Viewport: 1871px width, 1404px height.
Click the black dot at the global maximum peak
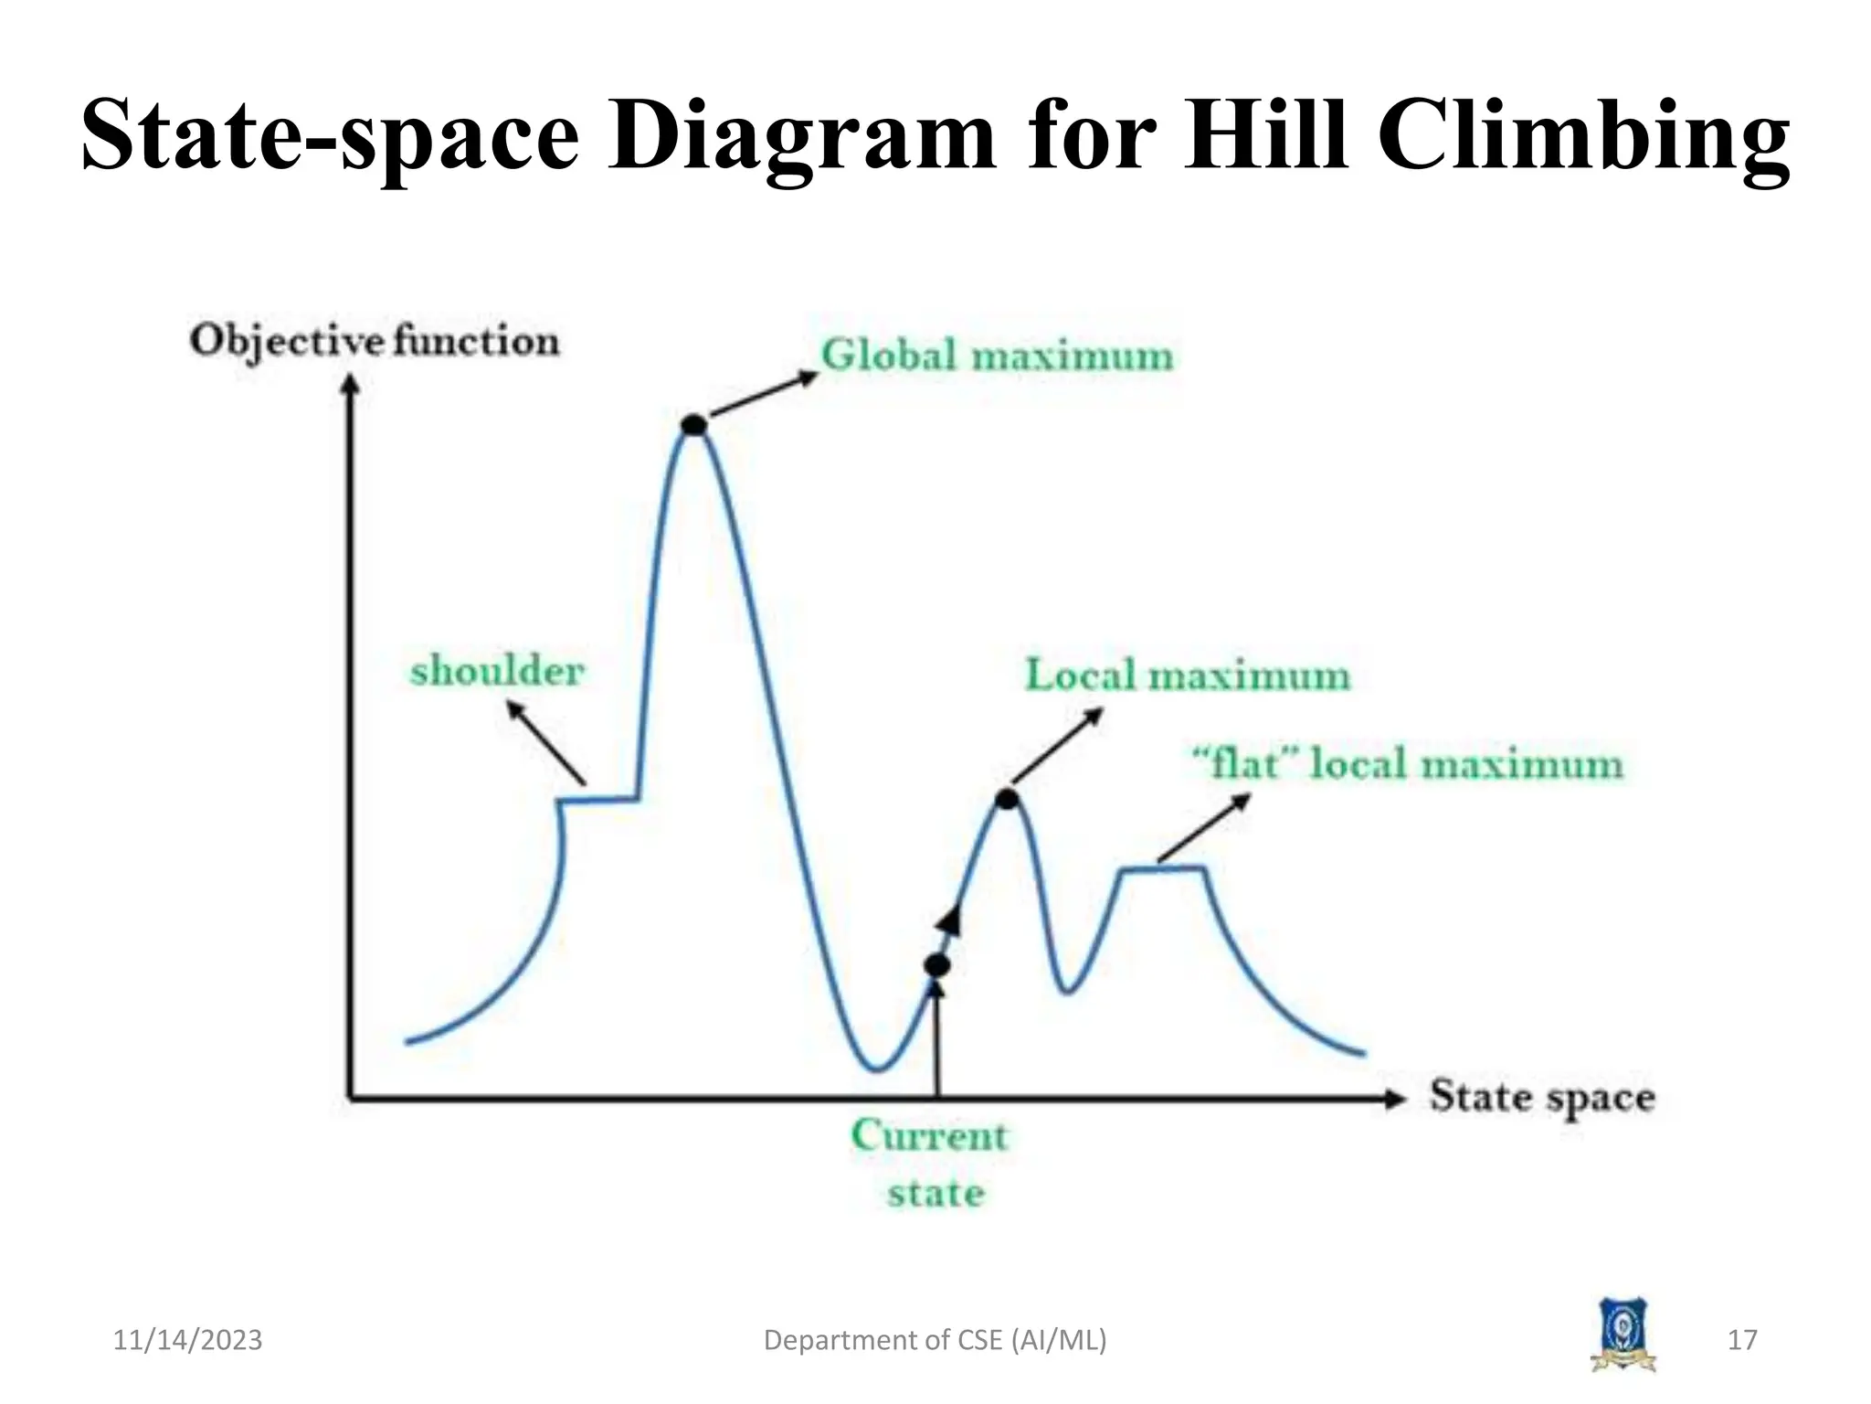click(694, 424)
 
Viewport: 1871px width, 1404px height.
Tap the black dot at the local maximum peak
click(1007, 800)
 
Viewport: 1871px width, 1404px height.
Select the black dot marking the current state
click(937, 965)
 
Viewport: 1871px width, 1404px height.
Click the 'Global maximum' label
click(997, 356)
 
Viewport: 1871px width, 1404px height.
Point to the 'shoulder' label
click(497, 672)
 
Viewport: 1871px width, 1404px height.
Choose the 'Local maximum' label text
click(1187, 675)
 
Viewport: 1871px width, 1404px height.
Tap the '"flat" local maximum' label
click(1407, 763)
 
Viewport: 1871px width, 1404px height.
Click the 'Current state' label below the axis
click(931, 1164)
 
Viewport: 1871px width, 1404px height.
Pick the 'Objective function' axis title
click(375, 342)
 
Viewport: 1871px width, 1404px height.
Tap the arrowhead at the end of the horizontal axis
click(1394, 1099)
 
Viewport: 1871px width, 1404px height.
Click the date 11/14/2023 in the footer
click(187, 1340)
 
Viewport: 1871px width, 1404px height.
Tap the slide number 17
click(1742, 1340)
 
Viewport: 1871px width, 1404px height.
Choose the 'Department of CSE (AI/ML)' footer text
click(935, 1340)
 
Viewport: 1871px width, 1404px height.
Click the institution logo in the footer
click(1623, 1335)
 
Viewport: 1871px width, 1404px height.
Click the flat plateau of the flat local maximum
click(1163, 868)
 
